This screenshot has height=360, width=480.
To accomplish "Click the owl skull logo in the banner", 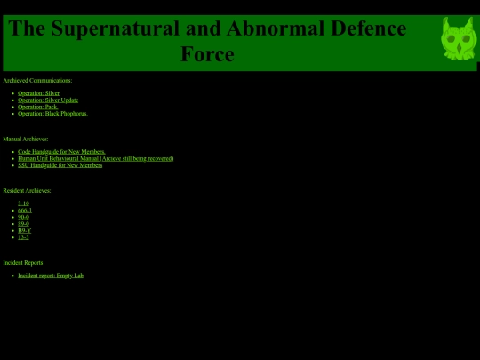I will pos(459,39).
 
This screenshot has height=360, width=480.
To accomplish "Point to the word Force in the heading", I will pos(207,54).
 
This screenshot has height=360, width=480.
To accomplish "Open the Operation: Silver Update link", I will pos(48,100).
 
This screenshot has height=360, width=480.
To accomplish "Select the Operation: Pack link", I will pos(37,107).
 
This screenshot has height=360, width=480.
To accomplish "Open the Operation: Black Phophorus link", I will pos(52,114).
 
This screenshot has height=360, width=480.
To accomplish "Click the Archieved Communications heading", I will pos(37,81).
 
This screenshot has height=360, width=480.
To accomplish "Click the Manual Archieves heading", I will pos(26,139).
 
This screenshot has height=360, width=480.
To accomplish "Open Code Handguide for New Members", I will pos(61,152).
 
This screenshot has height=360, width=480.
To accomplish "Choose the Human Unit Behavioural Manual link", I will pos(95,158).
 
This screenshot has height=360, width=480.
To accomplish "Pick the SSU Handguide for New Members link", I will pos(60,165).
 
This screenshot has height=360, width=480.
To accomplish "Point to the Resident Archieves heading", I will pos(27,191).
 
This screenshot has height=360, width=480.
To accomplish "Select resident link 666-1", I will pos(25,211).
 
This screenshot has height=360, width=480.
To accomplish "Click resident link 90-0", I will pos(23,217).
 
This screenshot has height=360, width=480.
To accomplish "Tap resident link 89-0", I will pos(23,224).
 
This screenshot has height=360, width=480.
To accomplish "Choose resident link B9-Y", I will pos(24,230).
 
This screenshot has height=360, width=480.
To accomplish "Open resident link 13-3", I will pos(23,237).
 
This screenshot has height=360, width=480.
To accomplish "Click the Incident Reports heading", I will pos(23,263).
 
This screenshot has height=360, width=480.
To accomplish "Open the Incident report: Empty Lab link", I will pos(51,276).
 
